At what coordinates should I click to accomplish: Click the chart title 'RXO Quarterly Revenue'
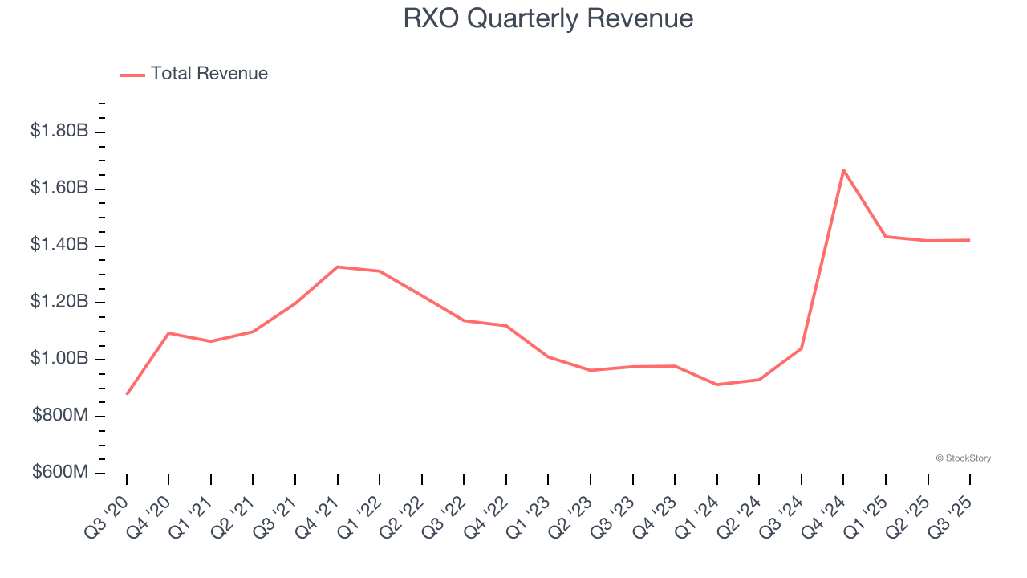pyautogui.click(x=548, y=18)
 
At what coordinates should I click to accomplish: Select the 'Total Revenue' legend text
pyautogui.click(x=209, y=74)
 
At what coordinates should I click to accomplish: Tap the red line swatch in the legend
pyautogui.click(x=132, y=75)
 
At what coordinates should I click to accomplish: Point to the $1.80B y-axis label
pyautogui.click(x=59, y=131)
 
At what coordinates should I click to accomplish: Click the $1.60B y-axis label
pyautogui.click(x=59, y=188)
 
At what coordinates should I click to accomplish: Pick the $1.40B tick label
pyautogui.click(x=59, y=245)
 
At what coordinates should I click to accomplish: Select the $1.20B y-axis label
pyautogui.click(x=59, y=302)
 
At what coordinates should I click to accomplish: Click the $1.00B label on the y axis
pyautogui.click(x=59, y=359)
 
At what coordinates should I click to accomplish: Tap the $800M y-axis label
pyautogui.click(x=59, y=416)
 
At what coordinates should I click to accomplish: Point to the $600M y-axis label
pyautogui.click(x=59, y=473)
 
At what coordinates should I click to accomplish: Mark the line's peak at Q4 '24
pyautogui.click(x=843, y=170)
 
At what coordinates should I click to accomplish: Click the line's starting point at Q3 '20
pyautogui.click(x=127, y=394)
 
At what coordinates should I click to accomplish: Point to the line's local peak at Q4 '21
pyautogui.click(x=338, y=267)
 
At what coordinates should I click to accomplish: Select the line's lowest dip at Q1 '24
pyautogui.click(x=716, y=385)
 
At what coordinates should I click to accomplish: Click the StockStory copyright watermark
pyautogui.click(x=963, y=458)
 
